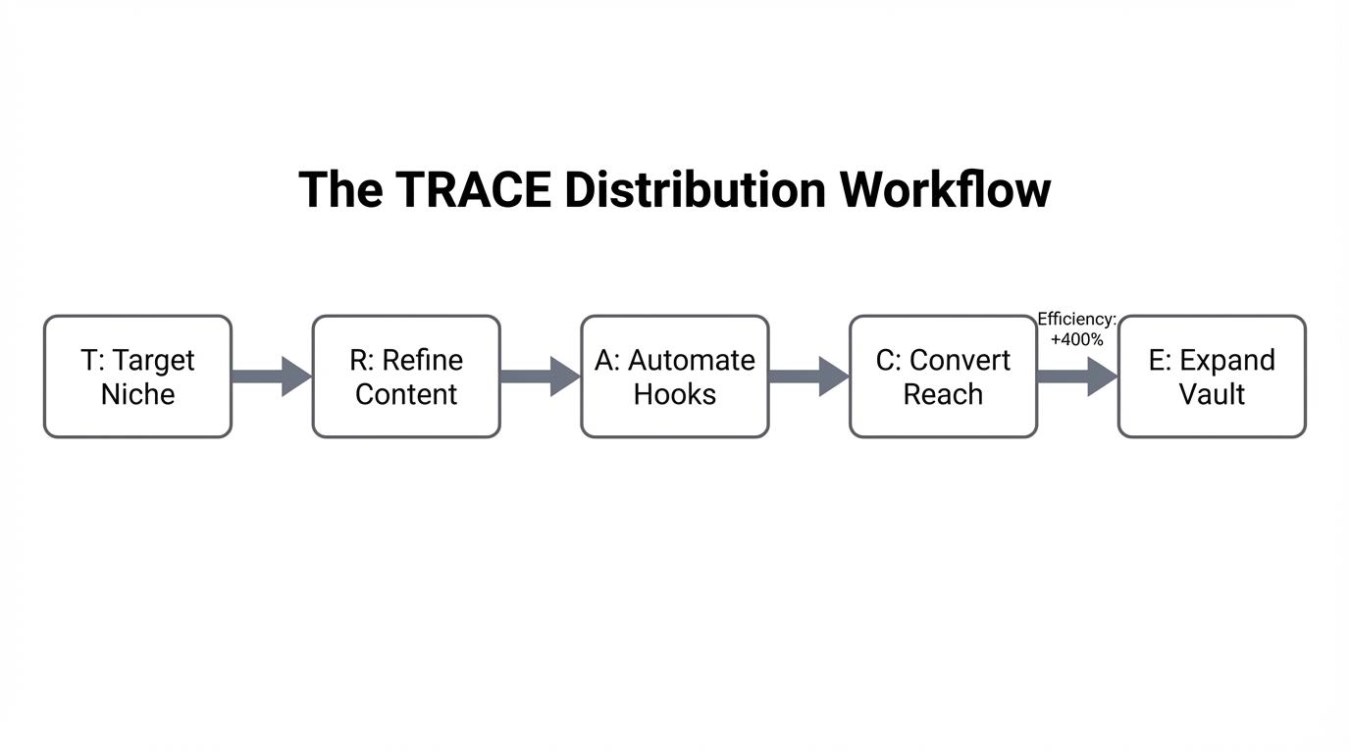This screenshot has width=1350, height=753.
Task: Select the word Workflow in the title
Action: tap(945, 189)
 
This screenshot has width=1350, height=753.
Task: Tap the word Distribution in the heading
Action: tap(696, 189)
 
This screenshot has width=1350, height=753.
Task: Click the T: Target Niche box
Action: tap(137, 376)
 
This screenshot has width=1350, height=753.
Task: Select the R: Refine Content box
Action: tap(406, 376)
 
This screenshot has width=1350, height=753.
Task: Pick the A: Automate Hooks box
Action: tap(675, 376)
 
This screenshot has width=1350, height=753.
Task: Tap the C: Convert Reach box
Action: tap(943, 376)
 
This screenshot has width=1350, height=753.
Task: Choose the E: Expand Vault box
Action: tap(1212, 376)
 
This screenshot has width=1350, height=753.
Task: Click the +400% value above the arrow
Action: tap(1076, 339)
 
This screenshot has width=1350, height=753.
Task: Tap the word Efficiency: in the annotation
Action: tap(1076, 320)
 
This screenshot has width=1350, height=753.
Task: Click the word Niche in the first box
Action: tap(137, 394)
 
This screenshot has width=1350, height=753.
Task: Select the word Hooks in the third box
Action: tap(675, 394)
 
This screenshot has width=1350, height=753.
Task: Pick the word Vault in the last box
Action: tap(1212, 394)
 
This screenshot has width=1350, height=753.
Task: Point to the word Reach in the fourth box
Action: tap(943, 394)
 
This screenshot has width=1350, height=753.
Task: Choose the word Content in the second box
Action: tap(406, 394)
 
